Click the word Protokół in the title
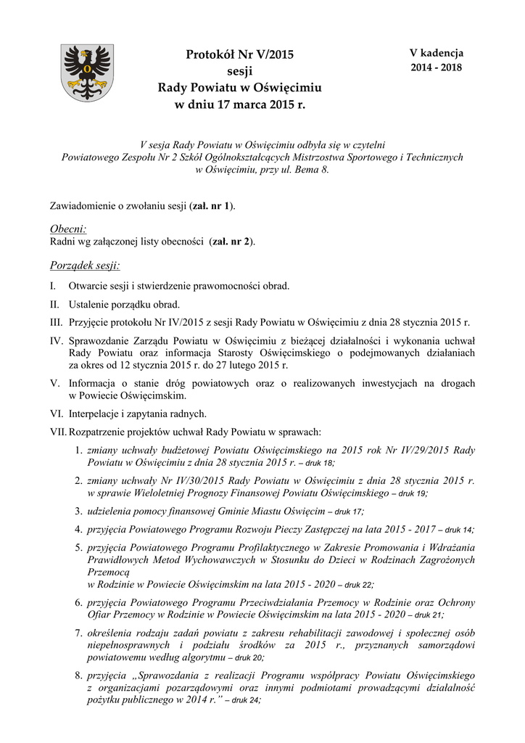coord(210,54)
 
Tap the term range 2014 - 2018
coord(437,67)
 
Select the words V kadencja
coord(437,53)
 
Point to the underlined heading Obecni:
coord(67,229)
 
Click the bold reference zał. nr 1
coord(211,207)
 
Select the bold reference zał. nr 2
coord(231,242)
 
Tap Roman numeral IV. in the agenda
coord(57,340)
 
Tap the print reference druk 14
coord(460,530)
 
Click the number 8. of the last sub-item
coord(79,675)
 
